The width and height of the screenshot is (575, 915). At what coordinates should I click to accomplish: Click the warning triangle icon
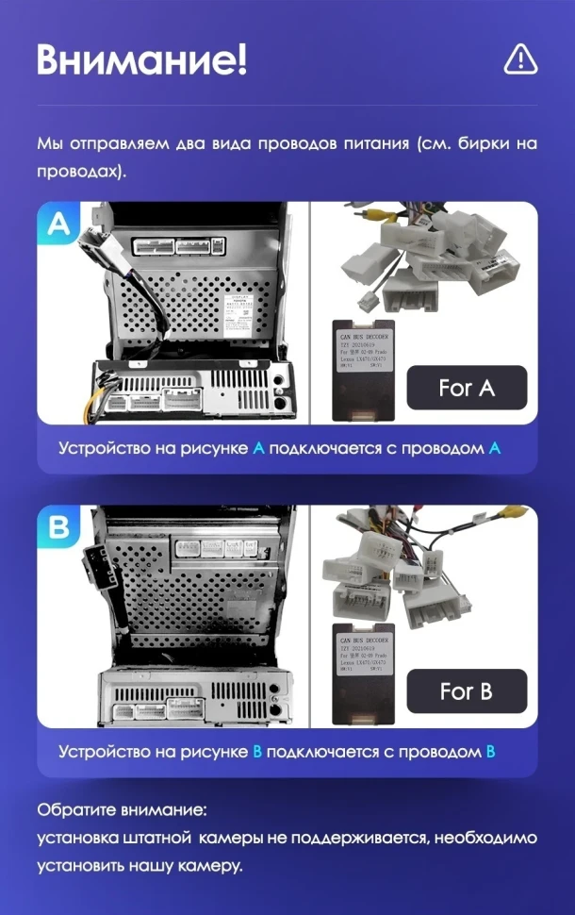[x=520, y=58]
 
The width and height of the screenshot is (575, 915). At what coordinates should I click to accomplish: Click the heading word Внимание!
[x=142, y=59]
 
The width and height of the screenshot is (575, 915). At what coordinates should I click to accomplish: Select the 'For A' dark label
[x=467, y=388]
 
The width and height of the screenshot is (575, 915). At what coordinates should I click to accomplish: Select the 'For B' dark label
[x=467, y=691]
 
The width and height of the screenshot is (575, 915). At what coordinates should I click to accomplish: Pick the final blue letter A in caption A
[x=495, y=448]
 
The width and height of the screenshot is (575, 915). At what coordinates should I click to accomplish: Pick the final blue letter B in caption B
[x=490, y=752]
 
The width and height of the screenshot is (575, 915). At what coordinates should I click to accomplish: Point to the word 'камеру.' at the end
[x=214, y=865]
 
